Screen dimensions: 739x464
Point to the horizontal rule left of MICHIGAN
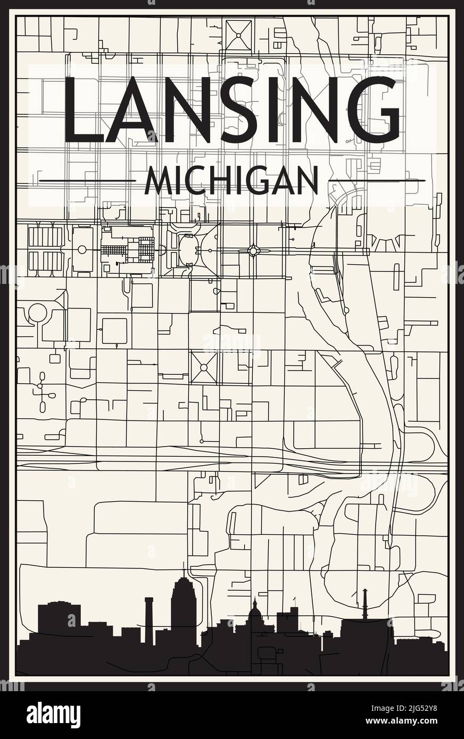pos(88,181)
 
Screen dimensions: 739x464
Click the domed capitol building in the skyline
pos(255,611)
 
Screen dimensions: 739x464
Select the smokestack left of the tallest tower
pos(149,617)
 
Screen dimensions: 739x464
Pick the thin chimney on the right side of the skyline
pos(365,603)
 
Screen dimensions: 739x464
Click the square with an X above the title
pos(238,35)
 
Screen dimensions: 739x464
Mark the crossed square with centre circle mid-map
pos(204,367)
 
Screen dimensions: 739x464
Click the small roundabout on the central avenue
pos(253,250)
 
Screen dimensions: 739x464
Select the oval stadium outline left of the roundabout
pos(188,248)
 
